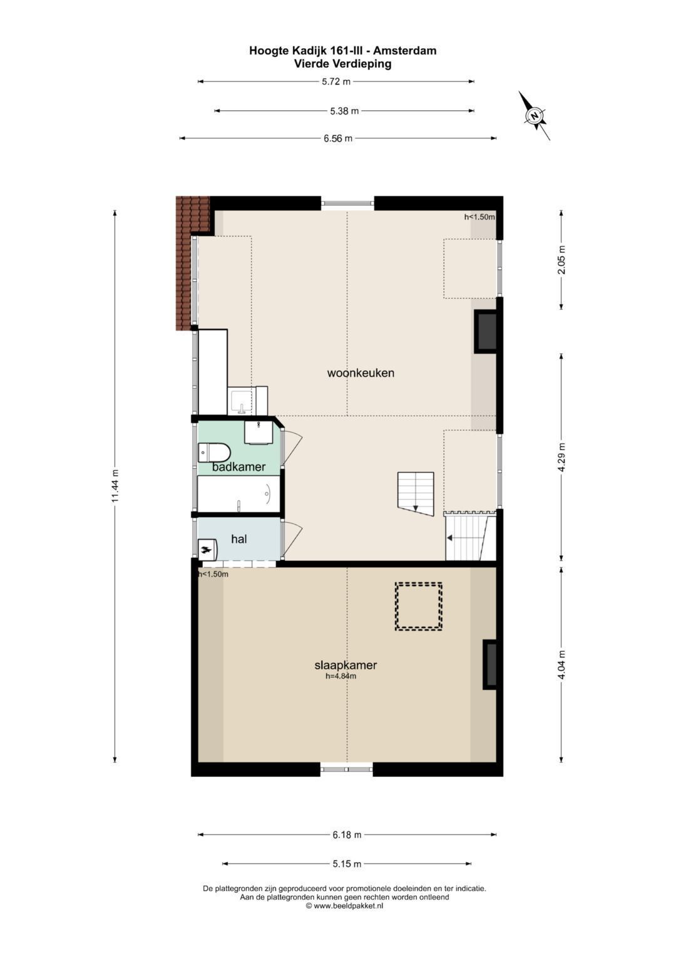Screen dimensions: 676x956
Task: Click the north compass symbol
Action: [x=535, y=115]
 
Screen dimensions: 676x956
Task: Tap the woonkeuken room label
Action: [x=361, y=373]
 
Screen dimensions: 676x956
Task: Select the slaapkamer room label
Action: [x=346, y=665]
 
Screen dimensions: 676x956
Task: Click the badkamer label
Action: [x=238, y=467]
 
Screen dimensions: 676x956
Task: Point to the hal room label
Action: [x=239, y=539]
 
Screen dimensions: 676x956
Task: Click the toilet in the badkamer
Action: [x=214, y=453]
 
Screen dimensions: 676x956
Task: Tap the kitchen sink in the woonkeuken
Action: [x=242, y=401]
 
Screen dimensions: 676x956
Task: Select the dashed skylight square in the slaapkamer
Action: [x=418, y=607]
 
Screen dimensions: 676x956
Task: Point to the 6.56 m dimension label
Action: [x=338, y=138]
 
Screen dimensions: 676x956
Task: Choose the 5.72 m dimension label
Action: [x=336, y=81]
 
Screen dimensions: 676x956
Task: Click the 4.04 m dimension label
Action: [x=561, y=664]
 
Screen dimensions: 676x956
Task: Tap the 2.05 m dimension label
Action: [x=561, y=260]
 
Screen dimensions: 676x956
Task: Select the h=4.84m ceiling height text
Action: [x=341, y=676]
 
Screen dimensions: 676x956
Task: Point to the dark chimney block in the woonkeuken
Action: [x=486, y=332]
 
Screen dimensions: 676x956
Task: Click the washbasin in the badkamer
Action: [x=259, y=433]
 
